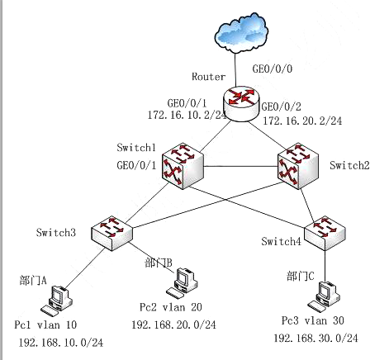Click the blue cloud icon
tap(241, 32)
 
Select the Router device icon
tap(241, 104)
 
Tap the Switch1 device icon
tap(183, 166)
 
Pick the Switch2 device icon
tap(298, 166)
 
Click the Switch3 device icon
tap(111, 234)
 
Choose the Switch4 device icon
tap(325, 234)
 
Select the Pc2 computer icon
tap(182, 283)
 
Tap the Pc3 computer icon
tap(324, 297)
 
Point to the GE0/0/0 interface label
tap(273, 69)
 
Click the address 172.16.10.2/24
tap(187, 115)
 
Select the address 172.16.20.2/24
tap(302, 121)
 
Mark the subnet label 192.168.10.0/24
tap(61, 343)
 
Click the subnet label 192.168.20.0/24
tap(173, 324)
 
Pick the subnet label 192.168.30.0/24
tap(316, 338)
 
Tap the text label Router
tap(209, 77)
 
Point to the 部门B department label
tap(159, 263)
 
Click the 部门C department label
tap(301, 276)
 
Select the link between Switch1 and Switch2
tap(240, 166)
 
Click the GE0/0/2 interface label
tap(281, 107)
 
